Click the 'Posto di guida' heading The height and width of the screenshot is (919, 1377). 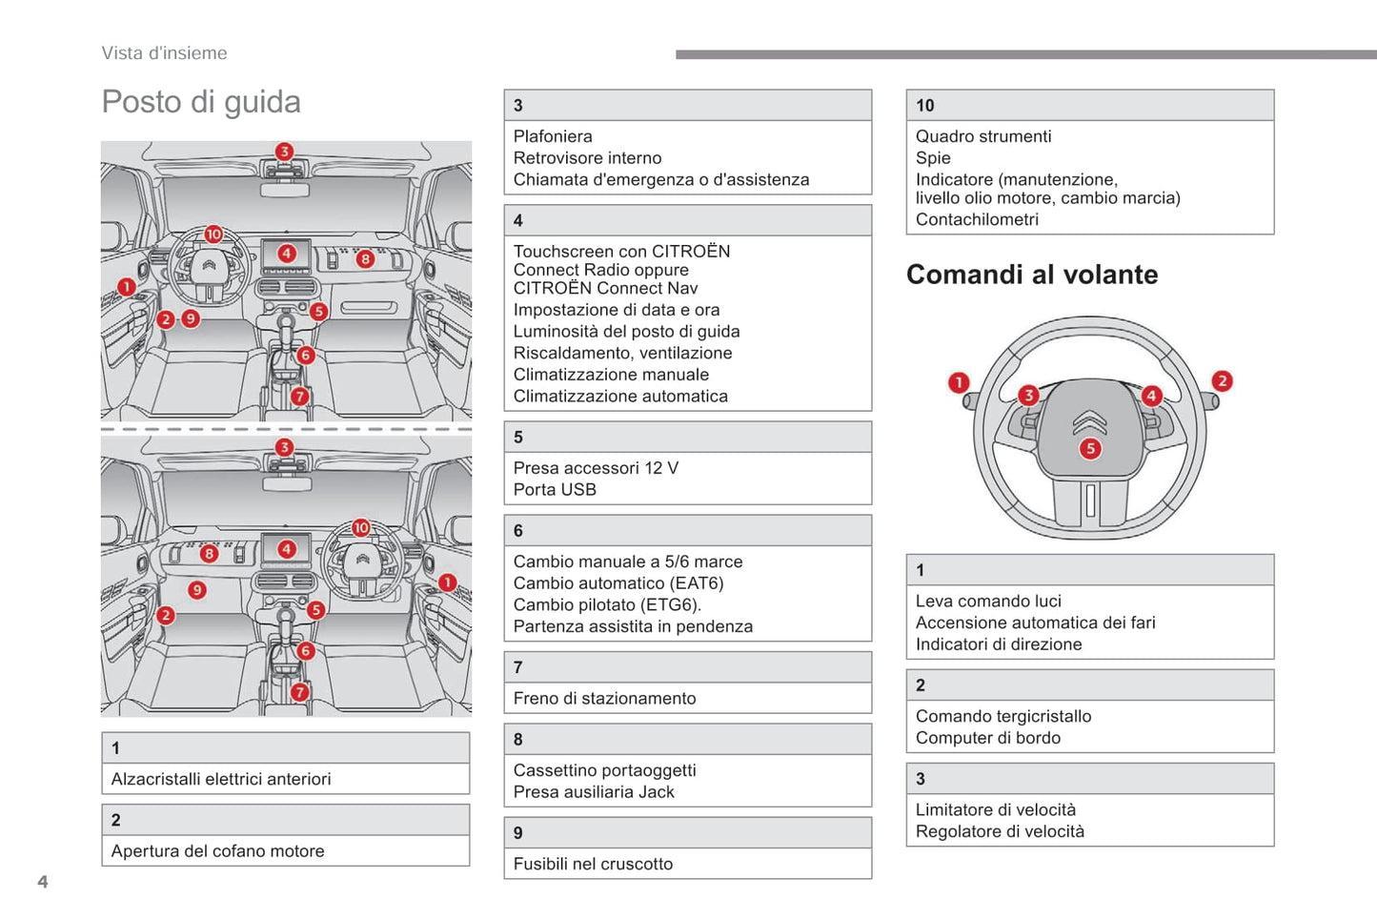201,102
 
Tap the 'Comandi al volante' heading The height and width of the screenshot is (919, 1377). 1032,275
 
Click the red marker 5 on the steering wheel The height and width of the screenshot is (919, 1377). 1090,449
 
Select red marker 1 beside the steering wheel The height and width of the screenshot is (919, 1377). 959,383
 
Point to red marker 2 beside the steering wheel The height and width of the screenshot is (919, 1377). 1222,381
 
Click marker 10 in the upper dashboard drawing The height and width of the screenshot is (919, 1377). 213,235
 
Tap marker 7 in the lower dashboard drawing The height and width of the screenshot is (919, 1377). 300,692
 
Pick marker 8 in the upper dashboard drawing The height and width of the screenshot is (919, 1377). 365,258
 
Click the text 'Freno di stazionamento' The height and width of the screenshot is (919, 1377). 604,699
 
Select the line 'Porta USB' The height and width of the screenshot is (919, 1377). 555,490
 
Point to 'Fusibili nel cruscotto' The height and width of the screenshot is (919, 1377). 593,864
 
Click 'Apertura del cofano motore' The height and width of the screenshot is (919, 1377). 217,851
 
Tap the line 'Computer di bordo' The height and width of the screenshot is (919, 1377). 987,738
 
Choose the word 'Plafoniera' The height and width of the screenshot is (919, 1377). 553,136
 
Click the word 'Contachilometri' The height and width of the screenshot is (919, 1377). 977,219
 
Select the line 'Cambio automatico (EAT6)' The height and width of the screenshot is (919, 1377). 618,583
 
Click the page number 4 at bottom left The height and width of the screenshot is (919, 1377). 43,882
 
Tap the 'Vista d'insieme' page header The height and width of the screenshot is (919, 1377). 165,53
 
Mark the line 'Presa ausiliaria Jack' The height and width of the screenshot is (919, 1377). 594,792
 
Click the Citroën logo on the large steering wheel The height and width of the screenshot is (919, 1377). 1089,420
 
